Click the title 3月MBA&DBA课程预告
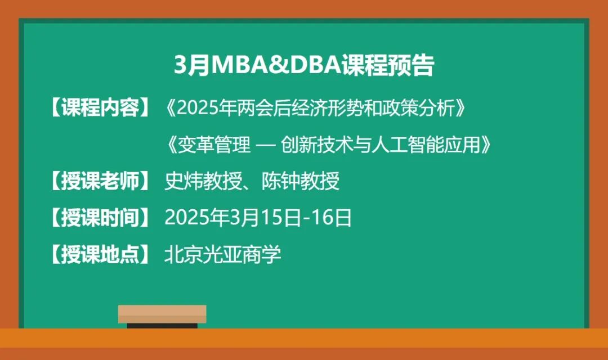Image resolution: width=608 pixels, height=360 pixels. (x=304, y=66)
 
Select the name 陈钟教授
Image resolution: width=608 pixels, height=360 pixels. (x=301, y=181)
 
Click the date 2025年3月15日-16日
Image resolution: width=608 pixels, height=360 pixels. (x=258, y=218)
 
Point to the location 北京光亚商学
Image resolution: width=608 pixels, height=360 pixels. (x=222, y=255)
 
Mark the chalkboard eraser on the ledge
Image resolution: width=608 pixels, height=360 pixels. (x=162, y=315)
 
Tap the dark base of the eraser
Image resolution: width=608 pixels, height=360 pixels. (x=162, y=326)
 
